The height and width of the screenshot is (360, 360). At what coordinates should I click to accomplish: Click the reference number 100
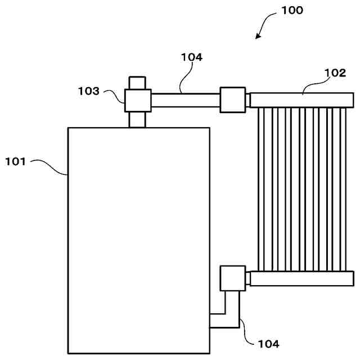click(292, 10)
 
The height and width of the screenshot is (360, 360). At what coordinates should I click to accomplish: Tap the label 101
click(15, 162)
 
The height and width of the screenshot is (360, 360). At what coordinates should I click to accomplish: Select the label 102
click(335, 73)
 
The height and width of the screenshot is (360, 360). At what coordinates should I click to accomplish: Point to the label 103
click(88, 91)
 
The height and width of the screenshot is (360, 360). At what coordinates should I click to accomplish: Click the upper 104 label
click(192, 57)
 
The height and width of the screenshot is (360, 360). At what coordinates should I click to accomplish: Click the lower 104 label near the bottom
click(268, 343)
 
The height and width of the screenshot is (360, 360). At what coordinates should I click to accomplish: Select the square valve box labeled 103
click(138, 101)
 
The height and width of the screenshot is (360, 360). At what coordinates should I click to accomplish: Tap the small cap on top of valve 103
click(138, 83)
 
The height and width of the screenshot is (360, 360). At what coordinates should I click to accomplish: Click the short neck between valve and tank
click(138, 120)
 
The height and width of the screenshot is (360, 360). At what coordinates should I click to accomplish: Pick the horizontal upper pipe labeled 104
click(186, 101)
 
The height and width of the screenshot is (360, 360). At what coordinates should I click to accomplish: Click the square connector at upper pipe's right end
click(232, 100)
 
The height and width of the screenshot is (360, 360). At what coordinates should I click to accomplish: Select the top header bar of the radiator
click(302, 100)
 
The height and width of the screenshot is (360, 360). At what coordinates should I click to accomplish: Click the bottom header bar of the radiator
click(302, 278)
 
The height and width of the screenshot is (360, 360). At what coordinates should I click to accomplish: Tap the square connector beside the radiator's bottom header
click(232, 278)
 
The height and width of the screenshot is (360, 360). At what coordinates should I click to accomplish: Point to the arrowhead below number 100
click(258, 36)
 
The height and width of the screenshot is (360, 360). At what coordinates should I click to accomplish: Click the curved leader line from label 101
click(51, 165)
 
